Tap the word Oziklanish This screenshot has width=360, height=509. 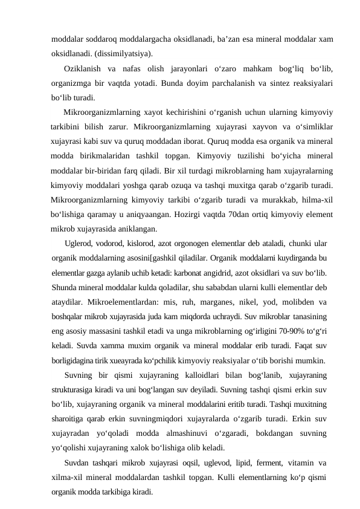(x=81, y=69)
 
